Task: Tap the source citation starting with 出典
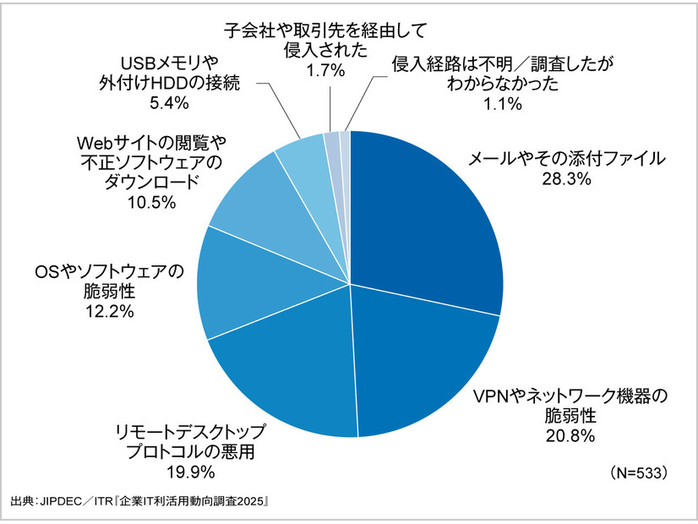click(x=139, y=501)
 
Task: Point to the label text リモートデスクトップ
click(x=204, y=430)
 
